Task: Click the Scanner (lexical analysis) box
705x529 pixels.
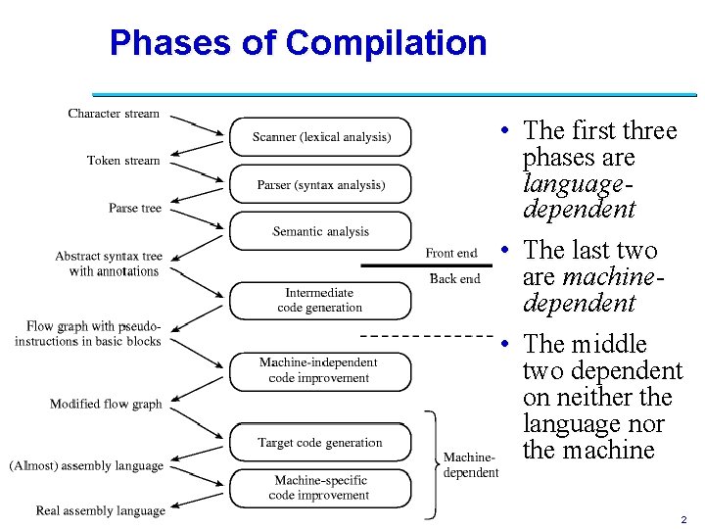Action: pos(320,137)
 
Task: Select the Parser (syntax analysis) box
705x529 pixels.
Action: pos(320,184)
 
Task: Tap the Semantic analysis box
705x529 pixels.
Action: pos(320,231)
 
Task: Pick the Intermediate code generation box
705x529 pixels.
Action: pos(320,300)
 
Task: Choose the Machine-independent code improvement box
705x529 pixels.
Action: pos(320,370)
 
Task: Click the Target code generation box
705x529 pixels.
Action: pos(320,443)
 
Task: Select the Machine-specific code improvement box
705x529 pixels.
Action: pos(320,487)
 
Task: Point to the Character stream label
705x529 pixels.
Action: pos(114,114)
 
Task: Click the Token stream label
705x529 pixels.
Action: pos(122,161)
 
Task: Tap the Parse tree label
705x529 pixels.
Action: pos(135,208)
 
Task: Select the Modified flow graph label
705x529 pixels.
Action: pos(106,404)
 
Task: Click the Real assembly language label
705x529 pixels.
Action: pos(100,510)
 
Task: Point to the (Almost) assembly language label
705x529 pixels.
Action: pos(85,465)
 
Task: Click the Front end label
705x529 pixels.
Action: pos(451,253)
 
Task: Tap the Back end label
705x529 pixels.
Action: pos(454,278)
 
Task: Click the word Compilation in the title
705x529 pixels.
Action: pos(386,43)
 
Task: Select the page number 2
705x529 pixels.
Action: pos(683,519)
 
